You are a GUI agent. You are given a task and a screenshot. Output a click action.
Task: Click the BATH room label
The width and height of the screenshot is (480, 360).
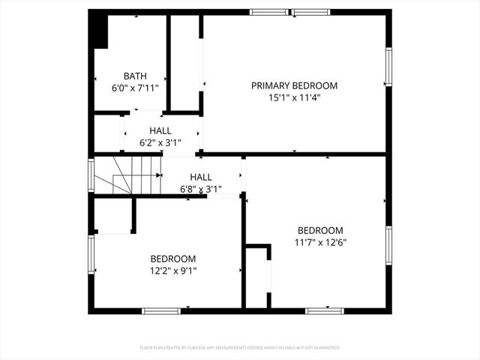click(x=135, y=76)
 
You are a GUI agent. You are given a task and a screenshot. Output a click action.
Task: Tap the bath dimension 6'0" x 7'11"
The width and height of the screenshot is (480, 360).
click(x=135, y=87)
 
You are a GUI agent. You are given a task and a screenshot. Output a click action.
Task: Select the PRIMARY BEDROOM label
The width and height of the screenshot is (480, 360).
click(x=294, y=85)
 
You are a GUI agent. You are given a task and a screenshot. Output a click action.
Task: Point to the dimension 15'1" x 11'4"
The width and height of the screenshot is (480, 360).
click(x=294, y=97)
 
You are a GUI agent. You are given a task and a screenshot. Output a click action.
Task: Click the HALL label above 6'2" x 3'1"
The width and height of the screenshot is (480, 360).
click(x=160, y=130)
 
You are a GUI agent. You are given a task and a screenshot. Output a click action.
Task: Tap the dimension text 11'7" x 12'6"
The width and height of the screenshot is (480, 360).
click(x=320, y=242)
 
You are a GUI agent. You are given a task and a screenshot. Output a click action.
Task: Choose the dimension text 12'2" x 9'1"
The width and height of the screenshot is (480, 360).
click(x=173, y=270)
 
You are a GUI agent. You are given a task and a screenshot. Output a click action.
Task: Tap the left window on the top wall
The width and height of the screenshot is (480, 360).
click(x=269, y=12)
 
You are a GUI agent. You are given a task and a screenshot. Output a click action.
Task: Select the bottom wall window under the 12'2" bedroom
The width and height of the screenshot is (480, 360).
click(x=161, y=310)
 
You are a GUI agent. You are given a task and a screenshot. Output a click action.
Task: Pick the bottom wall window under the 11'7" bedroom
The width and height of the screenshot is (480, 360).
click(x=325, y=310)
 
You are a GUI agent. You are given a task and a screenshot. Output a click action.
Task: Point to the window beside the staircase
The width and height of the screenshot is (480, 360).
click(x=91, y=175)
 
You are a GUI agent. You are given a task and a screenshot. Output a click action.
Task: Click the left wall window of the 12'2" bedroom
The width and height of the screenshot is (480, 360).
click(x=91, y=257)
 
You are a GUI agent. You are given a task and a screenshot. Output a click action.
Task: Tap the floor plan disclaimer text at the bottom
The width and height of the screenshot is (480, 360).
click(x=240, y=348)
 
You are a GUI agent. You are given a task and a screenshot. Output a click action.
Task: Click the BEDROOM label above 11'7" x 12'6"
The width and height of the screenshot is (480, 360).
click(x=320, y=230)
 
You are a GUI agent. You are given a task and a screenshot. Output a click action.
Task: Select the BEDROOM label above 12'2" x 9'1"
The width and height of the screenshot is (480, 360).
click(x=173, y=258)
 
